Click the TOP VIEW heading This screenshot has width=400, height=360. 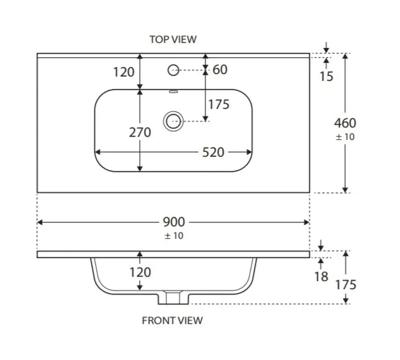point(173,39)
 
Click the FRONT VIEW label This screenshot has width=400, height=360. point(173,321)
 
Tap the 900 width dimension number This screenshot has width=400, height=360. point(175,222)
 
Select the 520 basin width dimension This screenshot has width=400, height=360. point(213,152)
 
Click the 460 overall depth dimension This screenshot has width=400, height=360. point(345,123)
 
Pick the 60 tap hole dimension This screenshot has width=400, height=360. point(220,70)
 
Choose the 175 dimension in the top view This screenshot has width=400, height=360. point(219,104)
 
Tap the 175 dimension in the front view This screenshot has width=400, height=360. point(345,285)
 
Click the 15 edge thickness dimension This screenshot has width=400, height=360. point(327,76)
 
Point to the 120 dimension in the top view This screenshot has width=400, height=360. point(124,72)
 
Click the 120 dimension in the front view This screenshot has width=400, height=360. point(140,272)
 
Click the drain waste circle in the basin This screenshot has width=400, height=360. point(172,121)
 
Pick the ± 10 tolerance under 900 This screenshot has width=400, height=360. point(174,236)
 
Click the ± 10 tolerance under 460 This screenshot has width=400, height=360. point(345,137)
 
